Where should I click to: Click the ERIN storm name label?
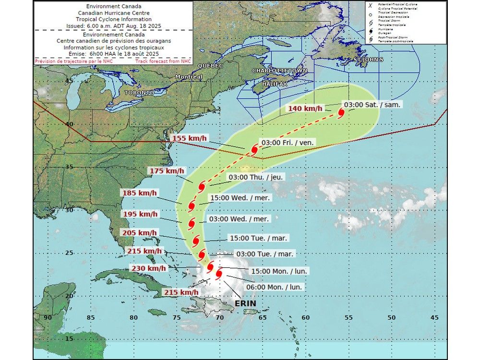(245, 304)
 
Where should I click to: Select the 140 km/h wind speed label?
(305, 108)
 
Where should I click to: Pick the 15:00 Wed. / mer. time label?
(240, 198)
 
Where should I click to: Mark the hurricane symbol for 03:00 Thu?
(202, 186)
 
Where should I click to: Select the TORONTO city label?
(139, 92)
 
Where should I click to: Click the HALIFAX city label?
(274, 84)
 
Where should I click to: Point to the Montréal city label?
(189, 77)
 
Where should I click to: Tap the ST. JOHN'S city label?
(368, 60)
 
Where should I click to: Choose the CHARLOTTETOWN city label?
(280, 71)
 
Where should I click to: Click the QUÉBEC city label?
(211, 65)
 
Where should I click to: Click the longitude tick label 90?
(47, 317)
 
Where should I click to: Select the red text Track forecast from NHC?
(163, 61)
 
